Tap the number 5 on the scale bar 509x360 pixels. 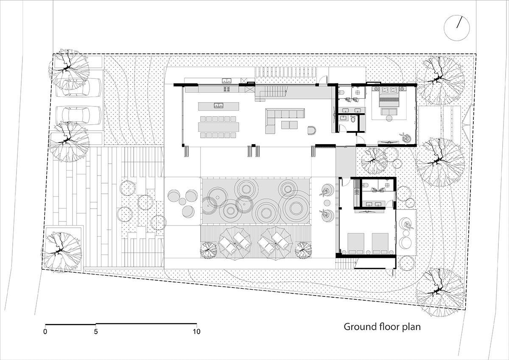pyautogui.click(x=96, y=332)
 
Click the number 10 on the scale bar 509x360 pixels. pyautogui.click(x=197, y=332)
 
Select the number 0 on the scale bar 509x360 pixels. pyautogui.click(x=45, y=332)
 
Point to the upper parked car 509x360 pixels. pyautogui.click(x=78, y=88)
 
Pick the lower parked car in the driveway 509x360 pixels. pyautogui.click(x=78, y=115)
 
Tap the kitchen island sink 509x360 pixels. pyautogui.click(x=218, y=105)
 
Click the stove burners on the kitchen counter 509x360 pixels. pyautogui.click(x=227, y=89)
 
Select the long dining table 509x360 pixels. pyautogui.click(x=218, y=127)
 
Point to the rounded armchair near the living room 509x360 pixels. pyautogui.click(x=311, y=131)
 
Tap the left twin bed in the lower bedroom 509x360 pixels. pyautogui.click(x=356, y=243)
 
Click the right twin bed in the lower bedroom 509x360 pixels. pyautogui.click(x=380, y=243)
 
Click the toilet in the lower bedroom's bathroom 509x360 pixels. pyautogui.click(x=366, y=185)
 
